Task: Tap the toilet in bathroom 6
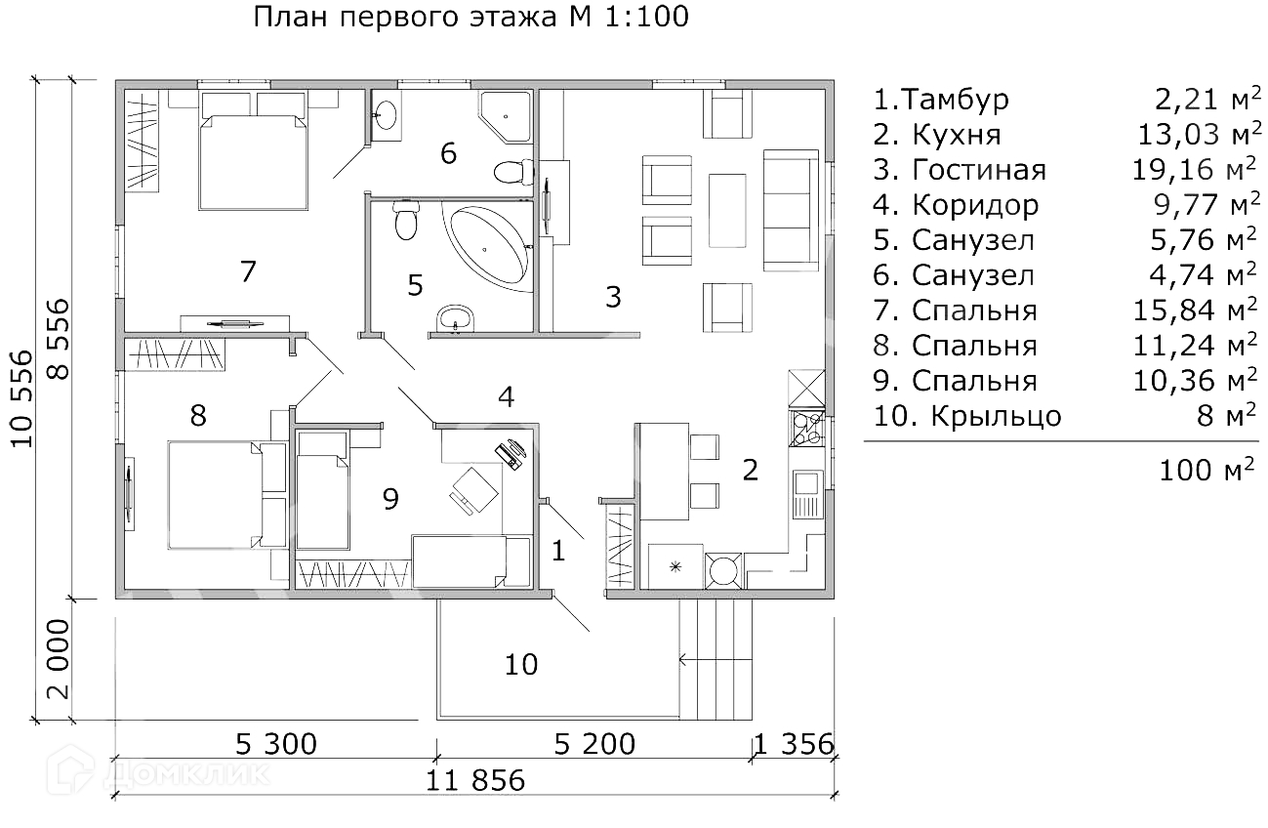[513, 172]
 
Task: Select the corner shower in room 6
[506, 116]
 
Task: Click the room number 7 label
[248, 271]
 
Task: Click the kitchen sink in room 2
[808, 493]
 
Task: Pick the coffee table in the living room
[727, 210]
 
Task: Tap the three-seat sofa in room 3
[792, 210]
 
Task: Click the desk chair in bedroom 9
[474, 490]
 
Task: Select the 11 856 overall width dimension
[475, 780]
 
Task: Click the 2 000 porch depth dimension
[59, 659]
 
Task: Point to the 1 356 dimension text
[794, 744]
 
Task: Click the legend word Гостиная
[979, 170]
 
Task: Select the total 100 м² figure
[1207, 470]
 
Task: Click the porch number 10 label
[521, 664]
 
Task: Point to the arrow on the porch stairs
[716, 659]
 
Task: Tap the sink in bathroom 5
[455, 317]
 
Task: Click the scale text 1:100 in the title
[647, 17]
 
